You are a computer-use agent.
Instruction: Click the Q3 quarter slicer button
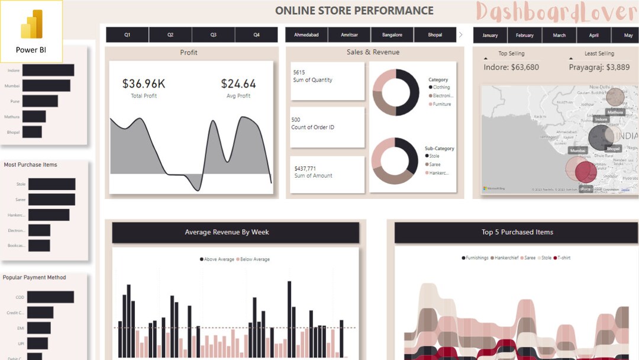click(213, 35)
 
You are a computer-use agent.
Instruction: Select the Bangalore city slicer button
click(392, 35)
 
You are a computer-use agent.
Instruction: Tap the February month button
click(524, 36)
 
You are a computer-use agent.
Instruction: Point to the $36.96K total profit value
click(144, 84)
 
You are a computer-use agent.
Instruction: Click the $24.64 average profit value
click(238, 84)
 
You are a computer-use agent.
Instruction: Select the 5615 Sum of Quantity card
click(327, 81)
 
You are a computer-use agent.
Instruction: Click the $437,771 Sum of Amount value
click(305, 169)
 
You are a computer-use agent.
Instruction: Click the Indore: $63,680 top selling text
click(511, 67)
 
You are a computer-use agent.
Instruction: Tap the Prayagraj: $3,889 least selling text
click(599, 67)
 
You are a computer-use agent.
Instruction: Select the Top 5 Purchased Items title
click(517, 232)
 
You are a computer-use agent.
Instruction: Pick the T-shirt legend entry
click(563, 258)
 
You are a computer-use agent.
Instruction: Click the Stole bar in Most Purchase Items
click(51, 184)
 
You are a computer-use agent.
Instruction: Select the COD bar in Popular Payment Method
click(50, 297)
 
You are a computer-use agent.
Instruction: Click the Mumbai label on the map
click(577, 151)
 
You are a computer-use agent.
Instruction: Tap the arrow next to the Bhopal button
click(461, 35)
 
